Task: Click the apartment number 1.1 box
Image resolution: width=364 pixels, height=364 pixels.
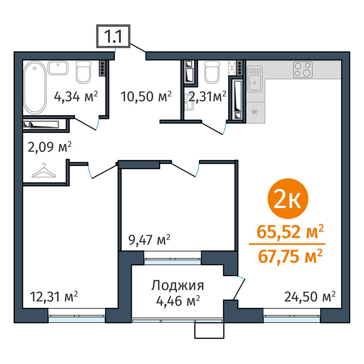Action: [x=113, y=36]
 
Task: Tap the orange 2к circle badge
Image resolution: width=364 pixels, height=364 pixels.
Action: [x=288, y=199]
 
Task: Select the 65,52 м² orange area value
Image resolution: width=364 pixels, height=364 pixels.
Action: [x=290, y=232]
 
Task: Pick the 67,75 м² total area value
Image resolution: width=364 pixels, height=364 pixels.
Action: [x=290, y=256]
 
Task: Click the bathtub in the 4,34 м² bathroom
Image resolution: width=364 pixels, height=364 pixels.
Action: [x=35, y=87]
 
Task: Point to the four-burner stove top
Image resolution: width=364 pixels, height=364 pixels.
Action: [x=303, y=70]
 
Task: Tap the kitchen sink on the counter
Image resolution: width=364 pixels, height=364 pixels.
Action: [x=255, y=79]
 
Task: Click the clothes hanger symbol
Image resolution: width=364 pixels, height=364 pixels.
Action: [x=44, y=171]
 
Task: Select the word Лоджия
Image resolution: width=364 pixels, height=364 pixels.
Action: [x=178, y=286]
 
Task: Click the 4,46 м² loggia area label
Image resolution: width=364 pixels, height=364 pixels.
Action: [x=178, y=301]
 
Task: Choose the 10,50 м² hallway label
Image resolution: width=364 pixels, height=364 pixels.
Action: [x=146, y=96]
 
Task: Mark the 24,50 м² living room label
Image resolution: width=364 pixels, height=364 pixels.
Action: [x=310, y=296]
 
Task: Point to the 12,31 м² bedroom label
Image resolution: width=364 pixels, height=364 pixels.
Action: [x=54, y=297]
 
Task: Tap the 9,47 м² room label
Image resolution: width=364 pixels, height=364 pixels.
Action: [x=149, y=240]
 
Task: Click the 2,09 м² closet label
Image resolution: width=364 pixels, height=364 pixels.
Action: [x=50, y=147]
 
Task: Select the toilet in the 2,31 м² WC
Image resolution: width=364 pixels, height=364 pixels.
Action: [x=212, y=72]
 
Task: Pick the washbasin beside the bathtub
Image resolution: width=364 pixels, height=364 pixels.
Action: [x=58, y=68]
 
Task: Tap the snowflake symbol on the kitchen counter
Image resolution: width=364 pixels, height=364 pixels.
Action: [x=255, y=112]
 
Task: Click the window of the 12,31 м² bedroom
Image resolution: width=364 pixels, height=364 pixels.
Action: [x=76, y=315]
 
